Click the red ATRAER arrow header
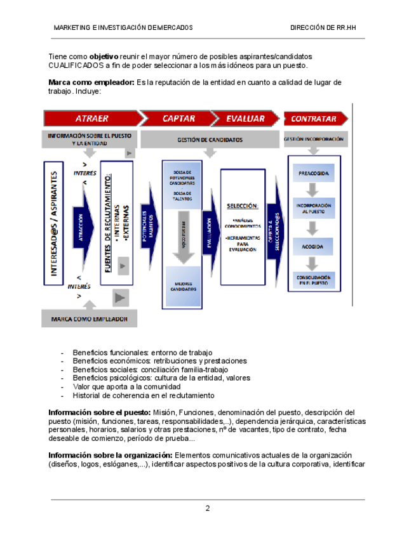coord(91,119)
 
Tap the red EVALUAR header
coord(245,119)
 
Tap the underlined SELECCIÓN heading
coord(242,206)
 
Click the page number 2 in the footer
coord(207,508)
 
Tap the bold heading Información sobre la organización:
coord(111,455)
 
